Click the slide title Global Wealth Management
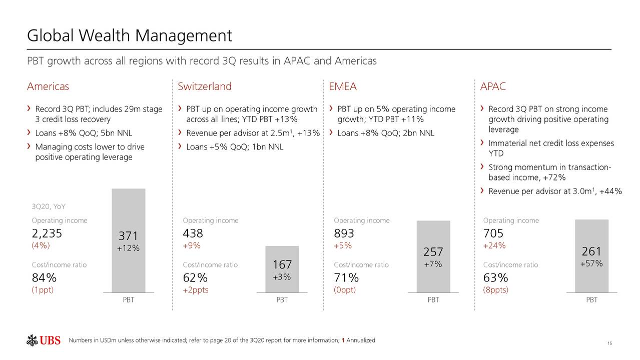129,35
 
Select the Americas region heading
48,86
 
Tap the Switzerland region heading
205,86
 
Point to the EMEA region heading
343,86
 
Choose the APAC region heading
493,86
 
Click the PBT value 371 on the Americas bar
129,236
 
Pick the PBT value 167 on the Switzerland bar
282,264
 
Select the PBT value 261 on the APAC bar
591,251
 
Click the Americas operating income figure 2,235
47,233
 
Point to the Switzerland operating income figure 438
193,233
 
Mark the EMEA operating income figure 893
344,233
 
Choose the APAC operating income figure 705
493,233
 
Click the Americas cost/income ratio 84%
44,277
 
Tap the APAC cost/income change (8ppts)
496,290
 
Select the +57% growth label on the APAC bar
591,264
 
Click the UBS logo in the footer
44,340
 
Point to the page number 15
609,343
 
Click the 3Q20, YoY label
49,207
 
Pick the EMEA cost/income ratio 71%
346,277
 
